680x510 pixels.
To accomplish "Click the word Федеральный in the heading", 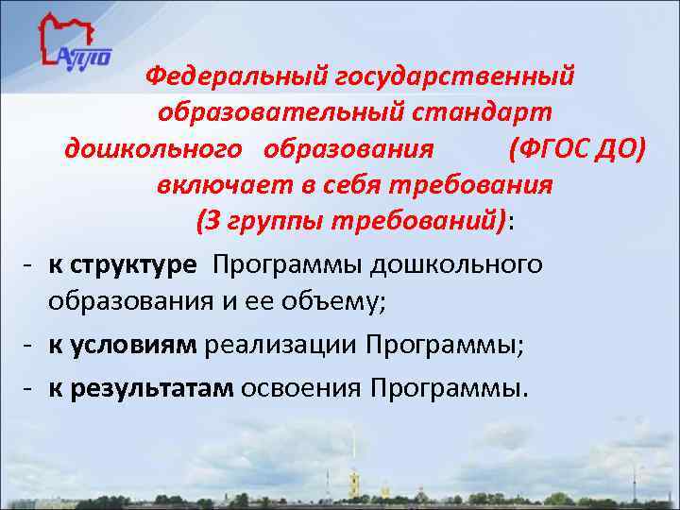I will [x=231, y=74].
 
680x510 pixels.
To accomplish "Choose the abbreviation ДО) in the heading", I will [x=621, y=148].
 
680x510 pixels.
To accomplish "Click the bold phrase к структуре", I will [x=123, y=264].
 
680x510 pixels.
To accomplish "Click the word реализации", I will [x=273, y=345].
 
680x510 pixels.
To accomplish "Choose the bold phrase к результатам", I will [x=141, y=387].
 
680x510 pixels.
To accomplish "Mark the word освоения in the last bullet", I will [x=302, y=387].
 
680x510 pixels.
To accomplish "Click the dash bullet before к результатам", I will [x=30, y=387].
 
